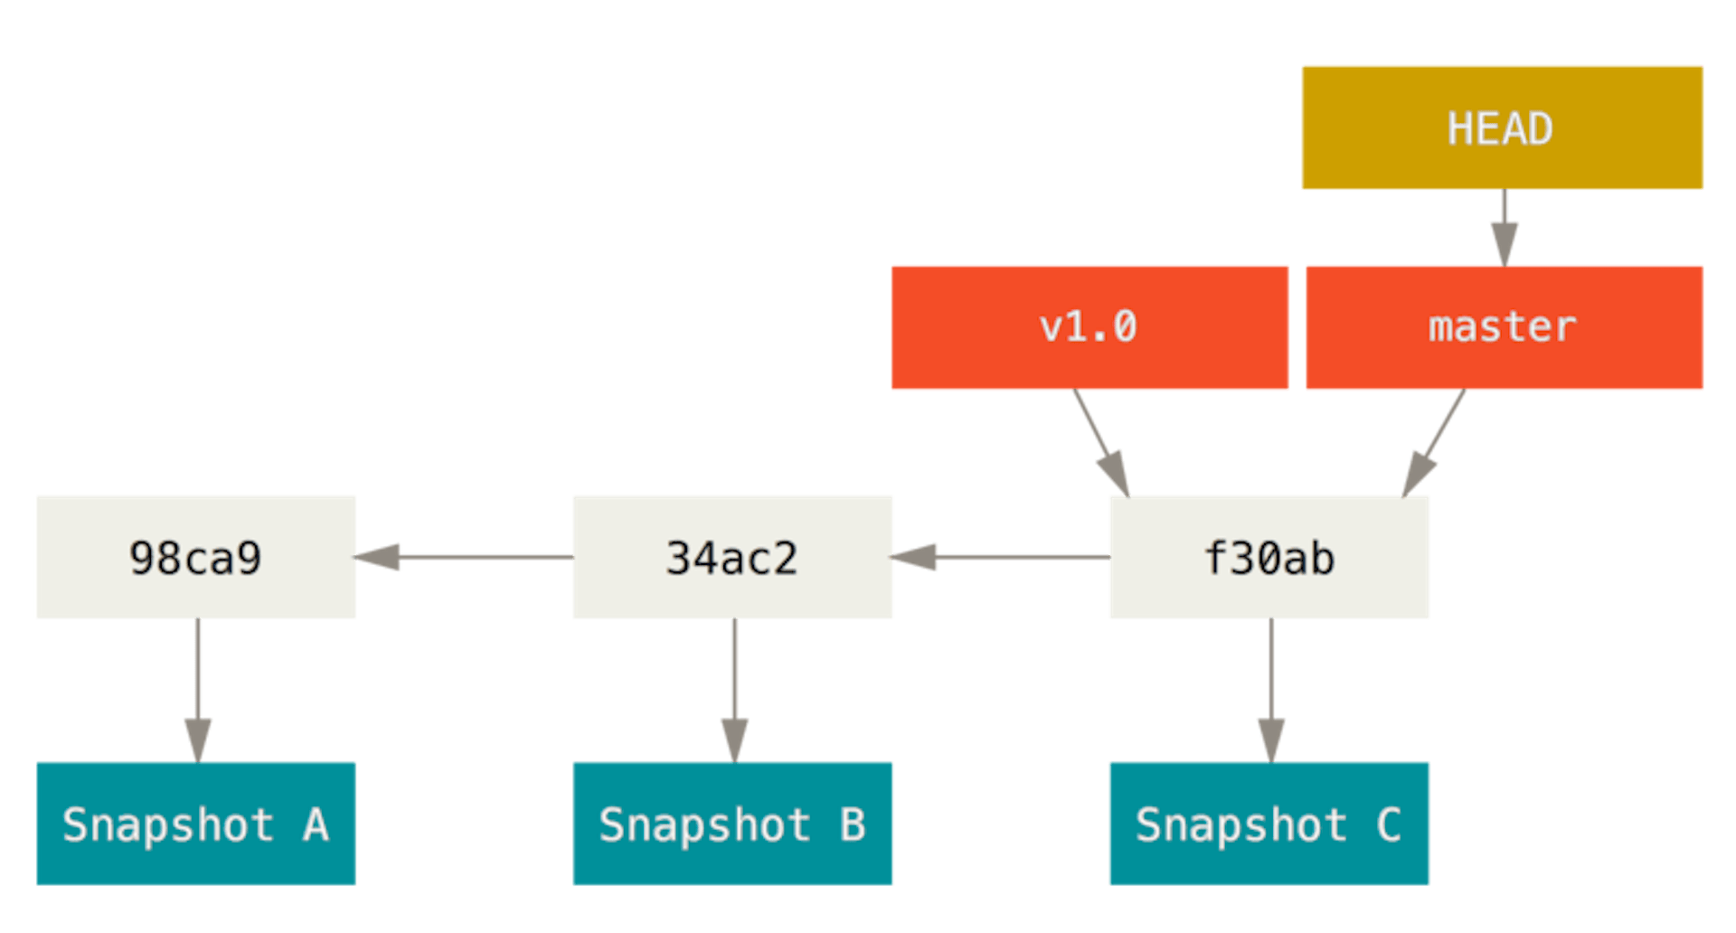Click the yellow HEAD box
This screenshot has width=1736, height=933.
point(1502,127)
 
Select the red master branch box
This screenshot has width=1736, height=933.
point(1504,327)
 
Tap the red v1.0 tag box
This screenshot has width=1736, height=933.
point(1090,327)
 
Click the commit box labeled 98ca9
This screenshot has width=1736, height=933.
point(195,557)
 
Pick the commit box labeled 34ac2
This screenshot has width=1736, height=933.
point(732,557)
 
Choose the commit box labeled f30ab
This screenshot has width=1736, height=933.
point(1269,557)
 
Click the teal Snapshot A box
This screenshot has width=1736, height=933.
point(195,824)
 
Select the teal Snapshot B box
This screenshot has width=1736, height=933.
point(732,824)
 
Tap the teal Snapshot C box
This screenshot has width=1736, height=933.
point(1269,824)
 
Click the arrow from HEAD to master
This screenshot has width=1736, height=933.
point(1504,228)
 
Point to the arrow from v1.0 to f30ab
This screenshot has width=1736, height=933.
point(1101,443)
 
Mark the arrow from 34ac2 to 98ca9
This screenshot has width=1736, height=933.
point(465,557)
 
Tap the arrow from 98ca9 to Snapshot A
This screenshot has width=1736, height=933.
point(198,691)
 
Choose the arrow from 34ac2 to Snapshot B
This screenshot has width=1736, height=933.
point(734,691)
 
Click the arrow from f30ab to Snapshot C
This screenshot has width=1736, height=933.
point(1271,691)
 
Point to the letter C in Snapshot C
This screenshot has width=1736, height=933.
point(1388,825)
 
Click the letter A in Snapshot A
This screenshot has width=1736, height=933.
point(316,825)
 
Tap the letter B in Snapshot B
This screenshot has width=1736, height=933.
point(852,825)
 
